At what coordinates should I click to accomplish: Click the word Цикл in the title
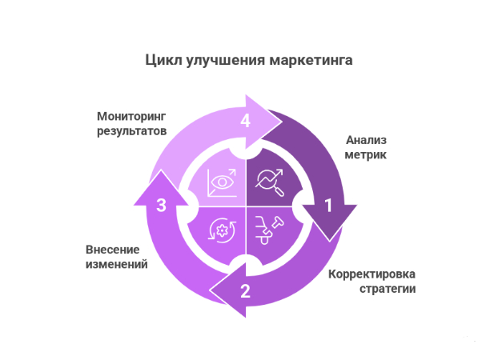(163, 60)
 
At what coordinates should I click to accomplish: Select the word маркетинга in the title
(311, 60)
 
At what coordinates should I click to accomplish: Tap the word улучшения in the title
(225, 61)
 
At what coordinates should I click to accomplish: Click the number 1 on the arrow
(328, 206)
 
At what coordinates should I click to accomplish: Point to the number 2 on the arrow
(245, 290)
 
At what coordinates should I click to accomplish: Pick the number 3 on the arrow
(162, 205)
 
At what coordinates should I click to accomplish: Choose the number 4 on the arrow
(245, 121)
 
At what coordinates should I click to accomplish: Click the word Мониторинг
(131, 117)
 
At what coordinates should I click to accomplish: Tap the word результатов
(131, 130)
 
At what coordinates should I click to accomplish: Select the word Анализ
(366, 140)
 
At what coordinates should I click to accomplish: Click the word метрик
(366, 155)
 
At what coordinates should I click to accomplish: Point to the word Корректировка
(371, 274)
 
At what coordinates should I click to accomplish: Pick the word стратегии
(388, 289)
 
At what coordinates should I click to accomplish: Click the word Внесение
(112, 250)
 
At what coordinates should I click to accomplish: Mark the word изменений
(117, 264)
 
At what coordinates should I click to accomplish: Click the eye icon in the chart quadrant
(222, 183)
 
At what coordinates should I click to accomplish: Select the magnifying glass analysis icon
(269, 183)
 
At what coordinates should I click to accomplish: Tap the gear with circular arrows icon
(222, 230)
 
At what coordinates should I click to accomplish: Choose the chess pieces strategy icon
(269, 230)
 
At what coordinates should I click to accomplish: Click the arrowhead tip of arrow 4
(282, 121)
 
